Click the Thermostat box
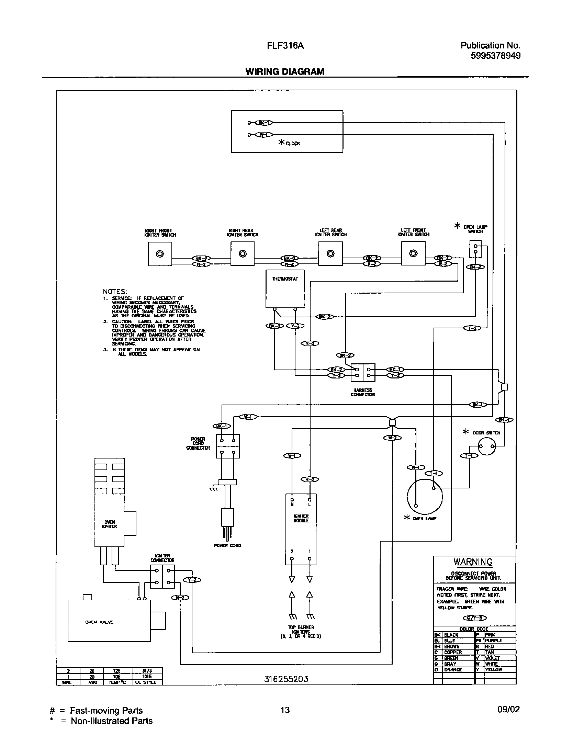(285, 288)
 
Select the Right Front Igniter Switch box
(160, 254)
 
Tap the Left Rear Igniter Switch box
(330, 253)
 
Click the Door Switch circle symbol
(487, 446)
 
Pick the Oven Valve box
(109, 621)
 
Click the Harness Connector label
(362, 393)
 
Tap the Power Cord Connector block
(227, 446)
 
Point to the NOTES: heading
(115, 291)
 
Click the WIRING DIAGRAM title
(284, 71)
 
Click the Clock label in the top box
(292, 144)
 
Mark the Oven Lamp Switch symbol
(475, 249)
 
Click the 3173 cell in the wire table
(147, 670)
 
